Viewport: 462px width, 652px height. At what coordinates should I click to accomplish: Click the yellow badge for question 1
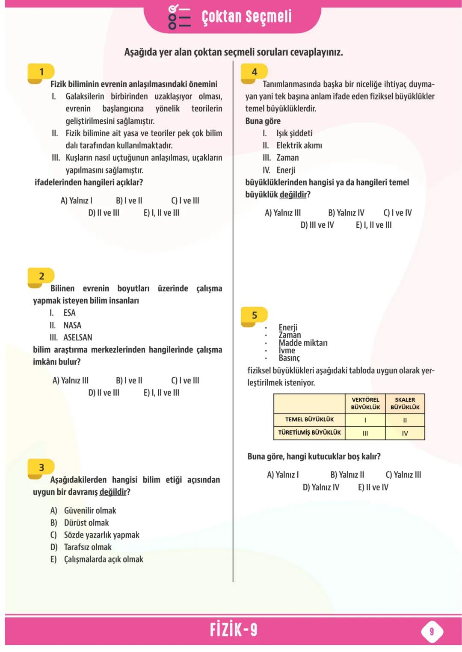click(x=41, y=72)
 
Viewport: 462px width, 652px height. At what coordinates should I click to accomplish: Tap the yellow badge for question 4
click(x=254, y=72)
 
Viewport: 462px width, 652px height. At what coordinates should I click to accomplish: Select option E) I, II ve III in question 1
click(x=161, y=213)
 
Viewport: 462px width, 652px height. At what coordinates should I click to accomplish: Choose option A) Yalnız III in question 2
click(x=70, y=380)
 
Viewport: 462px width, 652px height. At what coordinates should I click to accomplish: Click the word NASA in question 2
click(x=72, y=325)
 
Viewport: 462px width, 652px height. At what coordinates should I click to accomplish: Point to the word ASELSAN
click(x=77, y=338)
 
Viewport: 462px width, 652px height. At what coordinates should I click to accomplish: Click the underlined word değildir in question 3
click(x=113, y=492)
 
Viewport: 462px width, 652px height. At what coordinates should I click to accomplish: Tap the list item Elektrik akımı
click(x=299, y=146)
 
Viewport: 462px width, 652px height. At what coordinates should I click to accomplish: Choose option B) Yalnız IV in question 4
click(x=346, y=213)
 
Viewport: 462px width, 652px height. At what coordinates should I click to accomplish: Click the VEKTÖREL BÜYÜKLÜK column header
click(x=365, y=404)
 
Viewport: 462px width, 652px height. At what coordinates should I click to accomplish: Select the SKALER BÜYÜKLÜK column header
click(x=405, y=404)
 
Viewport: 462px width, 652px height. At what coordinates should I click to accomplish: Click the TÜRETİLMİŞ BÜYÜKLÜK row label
click(x=309, y=433)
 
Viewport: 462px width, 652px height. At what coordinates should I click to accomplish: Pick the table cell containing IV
click(x=405, y=433)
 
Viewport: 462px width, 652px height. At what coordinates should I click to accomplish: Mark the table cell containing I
click(x=365, y=420)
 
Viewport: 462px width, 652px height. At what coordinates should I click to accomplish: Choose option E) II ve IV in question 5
click(x=373, y=487)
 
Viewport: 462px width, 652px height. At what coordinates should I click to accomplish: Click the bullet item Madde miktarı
click(x=303, y=343)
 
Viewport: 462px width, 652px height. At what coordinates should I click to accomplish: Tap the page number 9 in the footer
click(x=432, y=631)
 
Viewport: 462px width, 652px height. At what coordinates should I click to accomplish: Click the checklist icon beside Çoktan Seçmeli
click(x=179, y=17)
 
